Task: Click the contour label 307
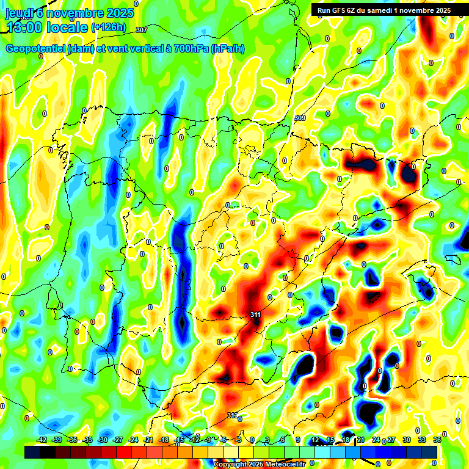click(x=142, y=30)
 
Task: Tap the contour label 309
click(x=300, y=118)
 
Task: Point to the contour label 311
click(x=255, y=314)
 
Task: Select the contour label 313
click(x=232, y=415)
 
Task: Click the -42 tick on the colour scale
click(x=42, y=440)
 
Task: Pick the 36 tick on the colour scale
click(x=437, y=440)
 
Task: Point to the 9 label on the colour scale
click(x=298, y=440)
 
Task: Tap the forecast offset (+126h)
click(x=109, y=27)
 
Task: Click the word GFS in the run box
click(x=340, y=10)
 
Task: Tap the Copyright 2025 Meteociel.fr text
click(x=259, y=465)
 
